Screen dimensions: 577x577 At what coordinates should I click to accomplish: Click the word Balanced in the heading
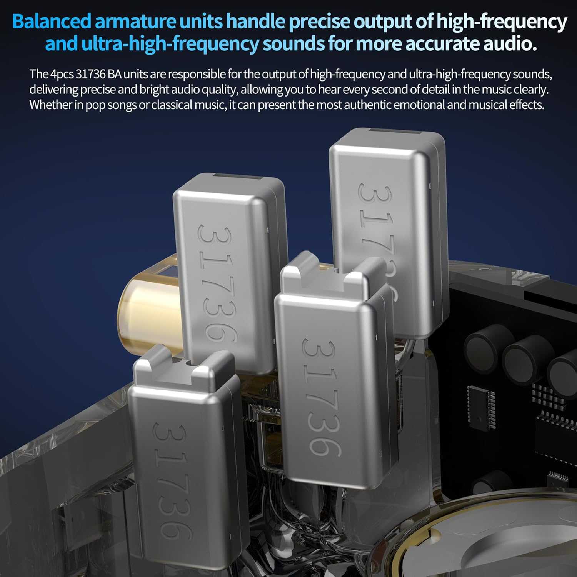coord(52,22)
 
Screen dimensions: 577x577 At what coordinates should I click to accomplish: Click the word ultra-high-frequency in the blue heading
coord(170,44)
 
